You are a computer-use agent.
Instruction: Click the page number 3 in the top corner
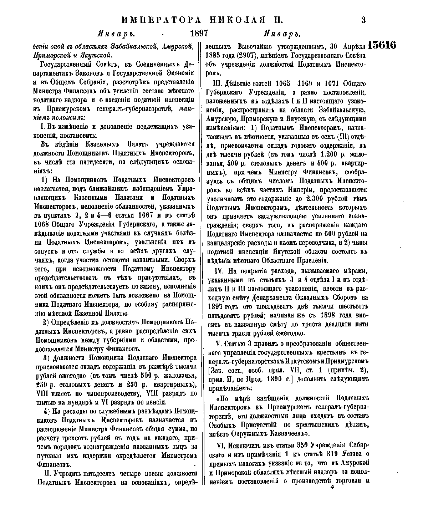[x=363, y=20]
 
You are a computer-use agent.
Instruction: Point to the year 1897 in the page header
[x=199, y=34]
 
